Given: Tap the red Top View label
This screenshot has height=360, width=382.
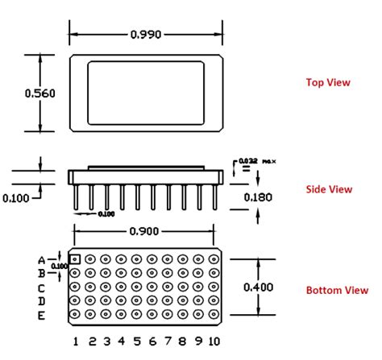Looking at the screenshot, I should pos(327,82).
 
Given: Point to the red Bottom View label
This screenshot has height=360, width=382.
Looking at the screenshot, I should pos(336,290).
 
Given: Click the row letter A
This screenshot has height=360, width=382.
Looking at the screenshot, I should pos(41,259).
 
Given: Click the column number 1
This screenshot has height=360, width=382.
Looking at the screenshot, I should pos(75,341).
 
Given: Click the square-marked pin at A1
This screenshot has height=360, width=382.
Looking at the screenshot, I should pos(75,259).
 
